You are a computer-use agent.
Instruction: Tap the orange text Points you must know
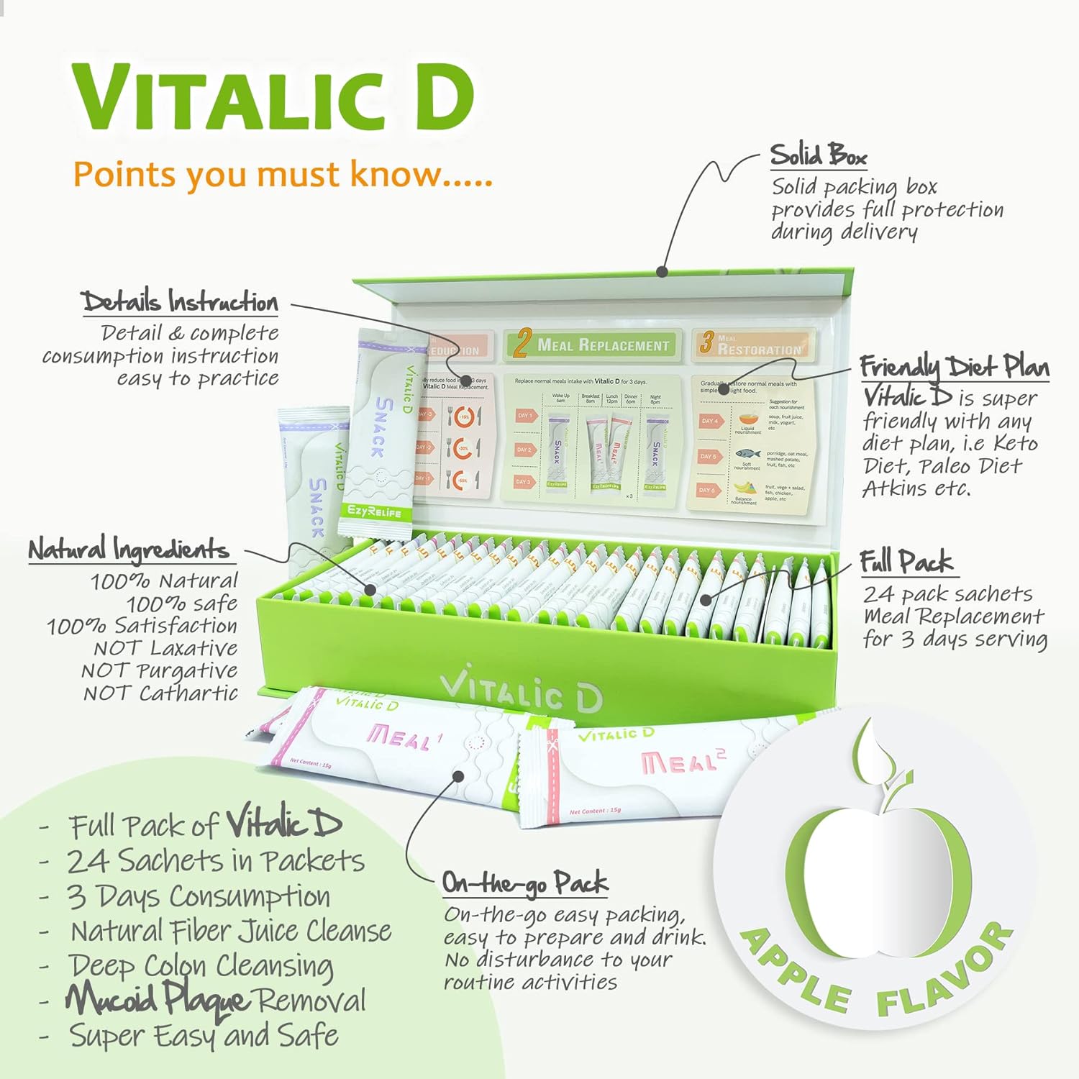click(x=282, y=175)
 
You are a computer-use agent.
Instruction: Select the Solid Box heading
click(x=818, y=155)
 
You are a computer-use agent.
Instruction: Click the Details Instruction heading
click(x=180, y=301)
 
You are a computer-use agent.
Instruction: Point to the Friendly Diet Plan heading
click(x=954, y=367)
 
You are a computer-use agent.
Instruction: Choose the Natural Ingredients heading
click(x=129, y=550)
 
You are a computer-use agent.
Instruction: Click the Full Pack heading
click(x=906, y=562)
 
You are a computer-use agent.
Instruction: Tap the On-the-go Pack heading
click(x=524, y=883)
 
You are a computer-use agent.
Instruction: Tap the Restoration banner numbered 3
click(x=752, y=344)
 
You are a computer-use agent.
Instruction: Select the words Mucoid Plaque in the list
click(x=158, y=999)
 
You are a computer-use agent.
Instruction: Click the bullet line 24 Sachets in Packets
click(x=216, y=860)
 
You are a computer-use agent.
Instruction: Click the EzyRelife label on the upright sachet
click(x=374, y=511)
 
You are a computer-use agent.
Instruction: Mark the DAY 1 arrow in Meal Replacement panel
click(x=526, y=416)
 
